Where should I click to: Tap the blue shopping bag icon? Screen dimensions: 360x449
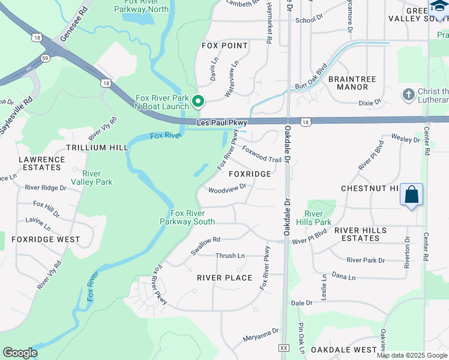pyautogui.click(x=411, y=194)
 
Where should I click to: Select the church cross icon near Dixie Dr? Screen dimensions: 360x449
pyautogui.click(x=408, y=94)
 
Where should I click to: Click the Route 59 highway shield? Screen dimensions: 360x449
pyautogui.click(x=46, y=58)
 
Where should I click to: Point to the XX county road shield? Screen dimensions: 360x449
pyautogui.click(x=285, y=348)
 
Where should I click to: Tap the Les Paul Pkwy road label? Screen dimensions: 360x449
pyautogui.click(x=221, y=123)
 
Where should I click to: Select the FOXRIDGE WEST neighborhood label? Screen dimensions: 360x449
pyautogui.click(x=46, y=239)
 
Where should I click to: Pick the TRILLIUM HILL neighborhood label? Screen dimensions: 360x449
pyautogui.click(x=97, y=148)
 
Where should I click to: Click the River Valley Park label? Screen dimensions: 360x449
pyautogui.click(x=91, y=178)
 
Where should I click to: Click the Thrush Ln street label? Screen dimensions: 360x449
pyautogui.click(x=230, y=256)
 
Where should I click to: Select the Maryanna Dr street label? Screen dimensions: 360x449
pyautogui.click(x=261, y=335)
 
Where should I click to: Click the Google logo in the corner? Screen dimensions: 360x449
pyautogui.click(x=19, y=353)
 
